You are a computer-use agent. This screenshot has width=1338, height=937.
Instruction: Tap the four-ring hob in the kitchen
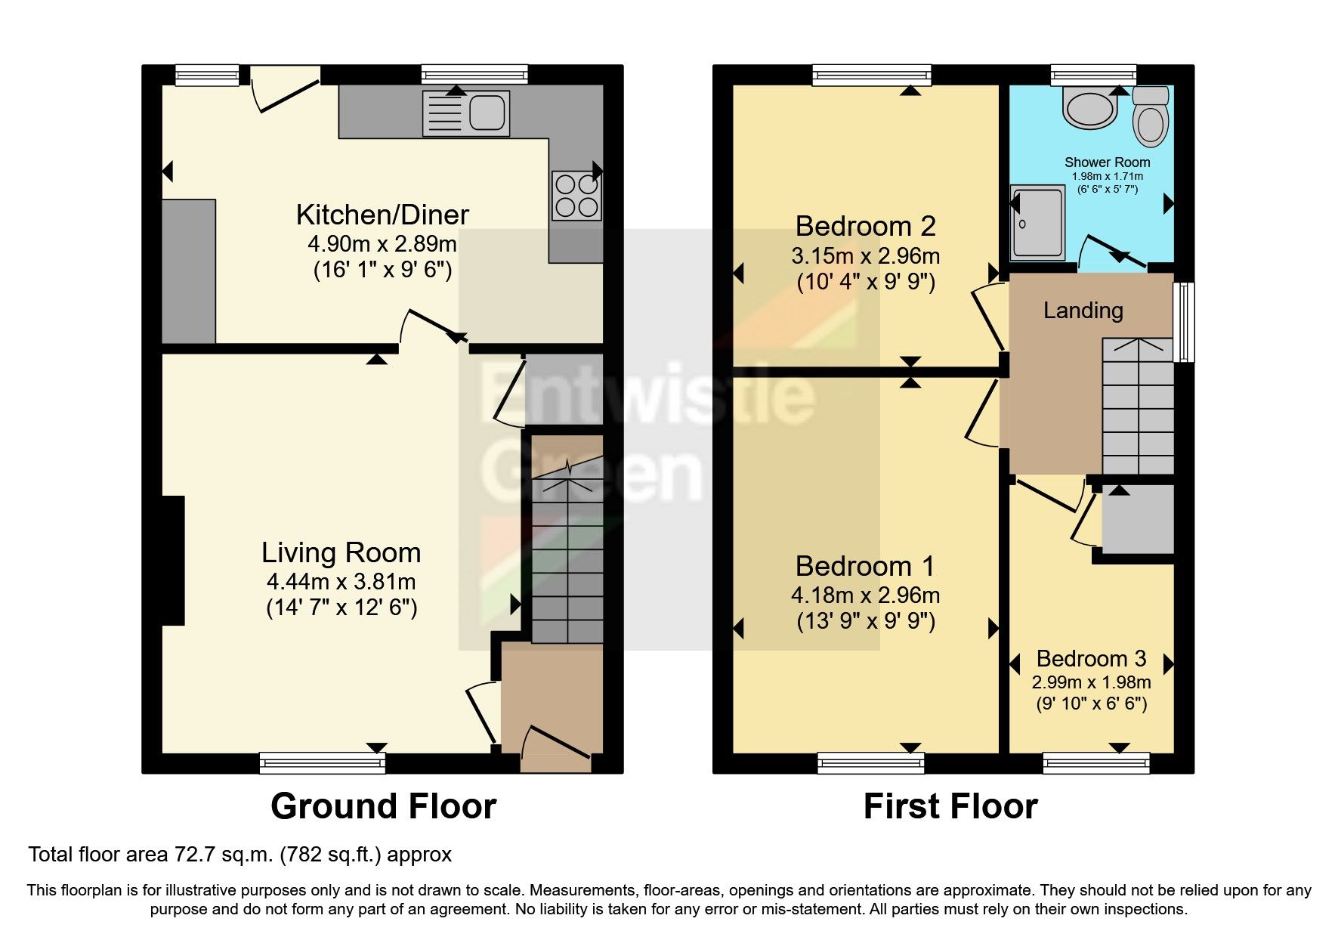(577, 196)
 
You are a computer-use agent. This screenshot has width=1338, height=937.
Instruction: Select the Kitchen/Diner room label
(382, 215)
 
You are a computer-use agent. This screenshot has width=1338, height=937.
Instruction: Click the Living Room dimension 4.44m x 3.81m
(341, 582)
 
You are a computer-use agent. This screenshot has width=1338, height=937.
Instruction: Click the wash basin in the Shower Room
(1089, 108)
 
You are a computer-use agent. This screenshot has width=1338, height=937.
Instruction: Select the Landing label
(1083, 311)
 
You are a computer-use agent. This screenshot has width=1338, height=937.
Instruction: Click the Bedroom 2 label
(865, 226)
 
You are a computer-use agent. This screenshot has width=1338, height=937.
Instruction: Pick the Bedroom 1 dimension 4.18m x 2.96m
(865, 595)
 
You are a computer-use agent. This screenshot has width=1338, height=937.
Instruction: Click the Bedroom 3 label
(1091, 658)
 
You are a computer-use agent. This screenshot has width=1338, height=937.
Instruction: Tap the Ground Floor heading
(383, 806)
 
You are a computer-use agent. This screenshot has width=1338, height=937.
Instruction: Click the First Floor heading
(950, 806)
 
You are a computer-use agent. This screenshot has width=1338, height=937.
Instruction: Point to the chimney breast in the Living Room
(173, 560)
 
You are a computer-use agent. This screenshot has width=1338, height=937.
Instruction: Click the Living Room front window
(323, 763)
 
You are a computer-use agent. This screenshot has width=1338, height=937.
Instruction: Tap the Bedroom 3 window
(1096, 763)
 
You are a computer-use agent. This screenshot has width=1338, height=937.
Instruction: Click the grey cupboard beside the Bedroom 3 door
(1138, 518)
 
